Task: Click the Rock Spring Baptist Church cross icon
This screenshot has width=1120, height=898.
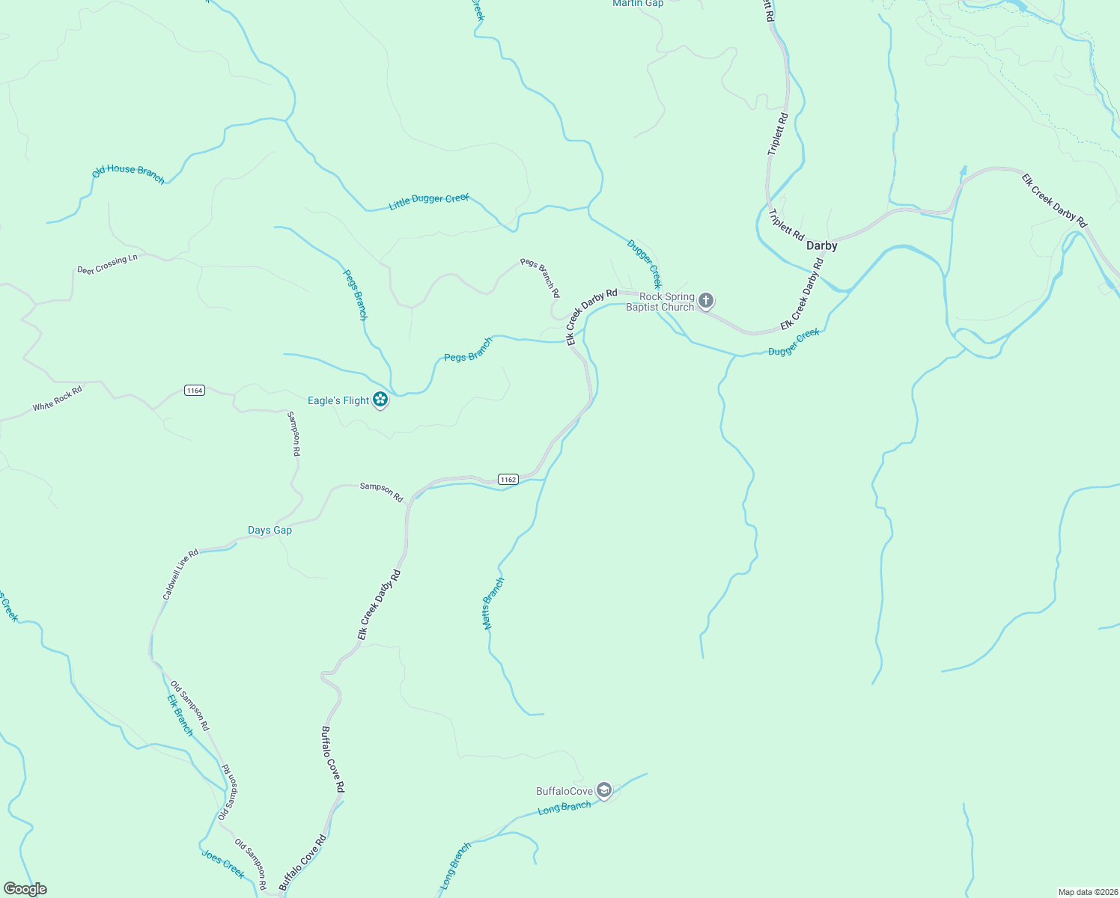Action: [705, 302]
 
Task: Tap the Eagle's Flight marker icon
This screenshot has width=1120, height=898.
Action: [380, 400]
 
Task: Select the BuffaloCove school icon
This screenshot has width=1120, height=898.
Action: [604, 790]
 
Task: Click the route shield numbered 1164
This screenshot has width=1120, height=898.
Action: [195, 390]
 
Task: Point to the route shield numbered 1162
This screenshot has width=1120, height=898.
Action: [508, 479]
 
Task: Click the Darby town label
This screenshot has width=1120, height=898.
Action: [821, 245]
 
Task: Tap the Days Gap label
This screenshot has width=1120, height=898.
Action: [270, 530]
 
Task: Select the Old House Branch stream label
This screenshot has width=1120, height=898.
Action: [128, 173]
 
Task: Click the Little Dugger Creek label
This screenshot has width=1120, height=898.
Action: [429, 201]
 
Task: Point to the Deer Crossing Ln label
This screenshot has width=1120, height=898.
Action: [107, 264]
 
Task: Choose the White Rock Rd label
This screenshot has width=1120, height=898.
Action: [57, 398]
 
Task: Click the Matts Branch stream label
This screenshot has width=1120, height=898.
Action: [493, 602]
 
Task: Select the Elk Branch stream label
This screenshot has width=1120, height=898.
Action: [180, 715]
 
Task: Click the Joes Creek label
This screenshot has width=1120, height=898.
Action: [223, 864]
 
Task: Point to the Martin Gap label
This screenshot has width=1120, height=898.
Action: [638, 4]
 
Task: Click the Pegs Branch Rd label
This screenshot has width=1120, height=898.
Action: [541, 278]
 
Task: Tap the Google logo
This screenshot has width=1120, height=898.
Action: [25, 889]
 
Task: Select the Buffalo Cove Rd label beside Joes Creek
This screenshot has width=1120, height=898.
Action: [303, 862]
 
